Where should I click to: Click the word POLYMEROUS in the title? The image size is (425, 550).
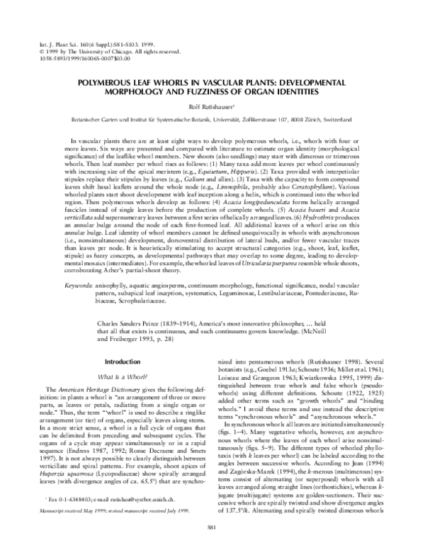point(116,82)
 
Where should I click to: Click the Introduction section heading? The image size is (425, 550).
point(118,361)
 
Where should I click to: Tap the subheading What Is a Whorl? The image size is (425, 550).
point(118,374)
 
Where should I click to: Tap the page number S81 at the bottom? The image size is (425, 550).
point(212,528)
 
